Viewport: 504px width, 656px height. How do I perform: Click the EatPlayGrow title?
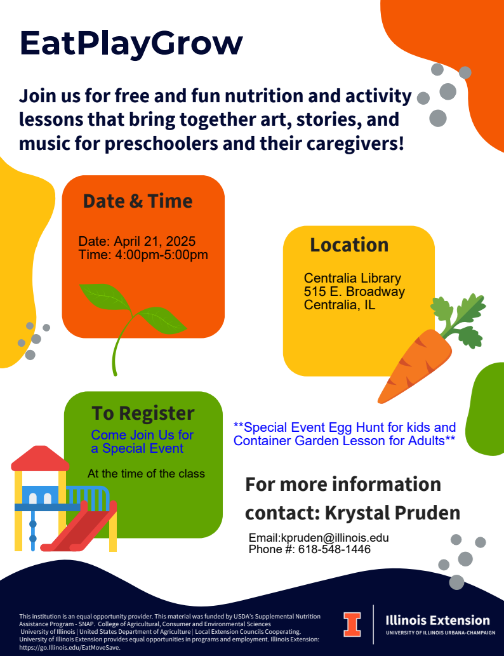tap(131, 44)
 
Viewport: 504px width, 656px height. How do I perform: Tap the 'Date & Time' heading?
tap(138, 201)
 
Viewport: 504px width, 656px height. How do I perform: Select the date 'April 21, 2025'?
tap(155, 241)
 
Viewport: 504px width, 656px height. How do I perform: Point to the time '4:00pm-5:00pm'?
tap(161, 255)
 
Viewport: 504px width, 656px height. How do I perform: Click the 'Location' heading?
tap(349, 244)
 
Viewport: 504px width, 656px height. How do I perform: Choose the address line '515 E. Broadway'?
tap(354, 291)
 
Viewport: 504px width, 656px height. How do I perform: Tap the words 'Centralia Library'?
tap(352, 278)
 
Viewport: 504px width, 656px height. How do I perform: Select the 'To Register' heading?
tap(143, 413)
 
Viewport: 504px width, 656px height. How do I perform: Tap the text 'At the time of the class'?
tap(146, 474)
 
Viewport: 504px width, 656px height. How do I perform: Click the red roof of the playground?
tap(40, 459)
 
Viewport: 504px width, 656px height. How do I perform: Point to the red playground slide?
tap(79, 526)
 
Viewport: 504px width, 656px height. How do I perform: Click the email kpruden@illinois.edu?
tap(335, 538)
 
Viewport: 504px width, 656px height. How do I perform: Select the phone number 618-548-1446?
tap(334, 549)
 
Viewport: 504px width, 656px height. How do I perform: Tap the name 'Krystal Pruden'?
tap(392, 513)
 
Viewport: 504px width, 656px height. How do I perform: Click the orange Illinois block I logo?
tap(352, 625)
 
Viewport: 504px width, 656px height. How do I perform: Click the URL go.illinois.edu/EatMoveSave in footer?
tap(69, 647)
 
